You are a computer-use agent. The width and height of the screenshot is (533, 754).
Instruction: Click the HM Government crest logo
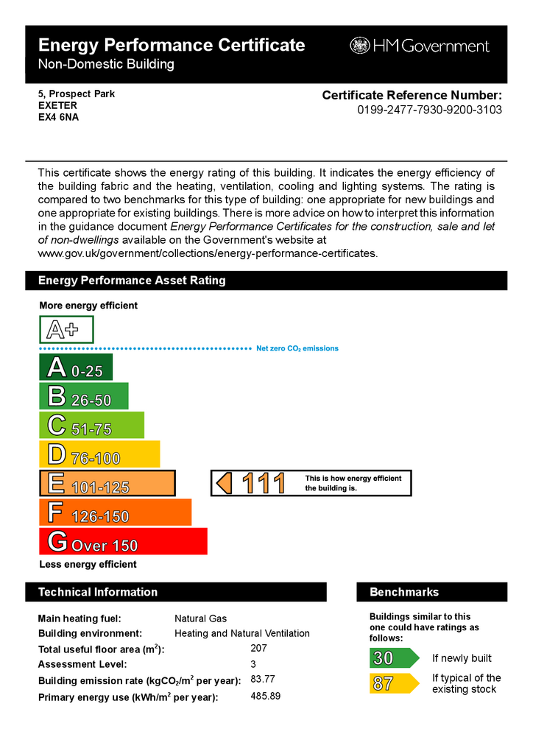coord(359,46)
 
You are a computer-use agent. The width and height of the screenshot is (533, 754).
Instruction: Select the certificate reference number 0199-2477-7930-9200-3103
coord(430,110)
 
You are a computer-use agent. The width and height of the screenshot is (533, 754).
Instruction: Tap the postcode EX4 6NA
coord(58,116)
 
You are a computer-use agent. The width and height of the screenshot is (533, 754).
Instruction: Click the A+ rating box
coord(66,328)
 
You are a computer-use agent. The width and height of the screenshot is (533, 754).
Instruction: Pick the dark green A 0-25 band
coord(76,367)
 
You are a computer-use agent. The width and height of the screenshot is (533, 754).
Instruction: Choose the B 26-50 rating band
coord(83,396)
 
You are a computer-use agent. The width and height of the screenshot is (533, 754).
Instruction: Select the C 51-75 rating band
coord(91,426)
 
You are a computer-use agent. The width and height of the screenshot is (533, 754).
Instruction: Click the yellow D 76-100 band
coord(99,454)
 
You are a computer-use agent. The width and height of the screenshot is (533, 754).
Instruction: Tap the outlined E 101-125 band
coord(107,483)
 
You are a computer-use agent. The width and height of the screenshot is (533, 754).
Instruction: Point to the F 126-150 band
coord(115,512)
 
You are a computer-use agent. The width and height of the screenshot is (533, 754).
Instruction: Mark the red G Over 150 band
coord(122,541)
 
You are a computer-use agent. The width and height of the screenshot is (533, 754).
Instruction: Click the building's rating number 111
coord(263,484)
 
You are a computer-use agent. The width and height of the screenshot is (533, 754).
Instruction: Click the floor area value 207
coord(258,649)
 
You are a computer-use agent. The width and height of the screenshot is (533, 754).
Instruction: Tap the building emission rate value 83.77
coord(263,679)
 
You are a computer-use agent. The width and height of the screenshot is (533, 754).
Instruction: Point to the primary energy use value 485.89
coord(265,696)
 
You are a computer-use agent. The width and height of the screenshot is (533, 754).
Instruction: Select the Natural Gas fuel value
coord(200,619)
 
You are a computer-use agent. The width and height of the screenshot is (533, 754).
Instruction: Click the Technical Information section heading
coord(98,592)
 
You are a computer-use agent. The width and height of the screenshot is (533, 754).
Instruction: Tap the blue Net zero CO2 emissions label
coord(297,348)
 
